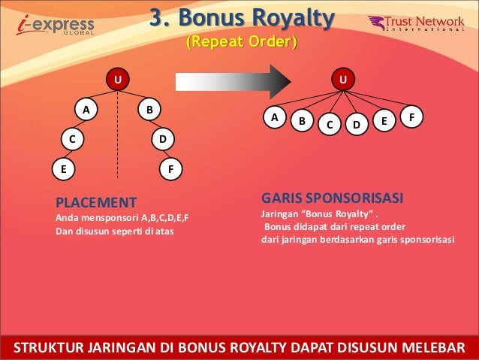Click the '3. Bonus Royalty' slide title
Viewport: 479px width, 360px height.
pyautogui.click(x=240, y=17)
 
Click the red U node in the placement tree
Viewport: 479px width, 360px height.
pyautogui.click(x=117, y=78)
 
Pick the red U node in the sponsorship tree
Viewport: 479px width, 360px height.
pyautogui.click(x=344, y=78)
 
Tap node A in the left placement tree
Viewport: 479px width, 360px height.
pyautogui.click(x=86, y=110)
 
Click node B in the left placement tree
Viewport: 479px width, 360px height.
pyautogui.click(x=150, y=110)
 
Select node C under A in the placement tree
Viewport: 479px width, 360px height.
pyautogui.click(x=72, y=139)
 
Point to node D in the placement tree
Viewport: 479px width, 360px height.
pyautogui.click(x=162, y=139)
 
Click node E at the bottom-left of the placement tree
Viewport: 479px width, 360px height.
pyautogui.click(x=62, y=169)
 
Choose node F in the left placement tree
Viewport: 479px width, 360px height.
pyautogui.click(x=171, y=169)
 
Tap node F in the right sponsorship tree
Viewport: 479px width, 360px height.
pyautogui.click(x=411, y=117)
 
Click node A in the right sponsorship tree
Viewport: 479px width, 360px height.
pyautogui.click(x=274, y=117)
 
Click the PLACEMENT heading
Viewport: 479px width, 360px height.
pyautogui.click(x=96, y=202)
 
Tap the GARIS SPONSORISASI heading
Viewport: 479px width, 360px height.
pyautogui.click(x=332, y=198)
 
